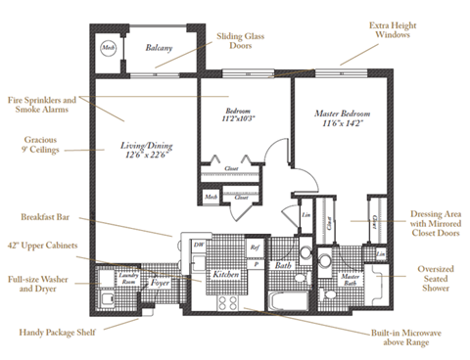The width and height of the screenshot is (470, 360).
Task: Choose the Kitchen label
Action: click(227, 275)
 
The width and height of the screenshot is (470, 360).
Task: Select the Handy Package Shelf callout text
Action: click(59, 332)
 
